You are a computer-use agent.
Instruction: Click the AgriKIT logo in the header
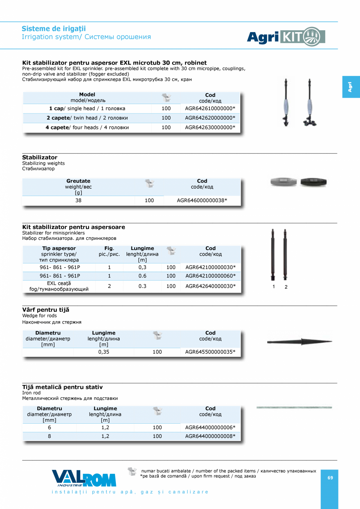(x=286, y=37)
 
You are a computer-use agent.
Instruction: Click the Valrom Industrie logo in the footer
(x=84, y=478)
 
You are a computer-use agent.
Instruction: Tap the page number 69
(x=330, y=478)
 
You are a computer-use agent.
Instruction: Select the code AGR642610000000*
(x=210, y=108)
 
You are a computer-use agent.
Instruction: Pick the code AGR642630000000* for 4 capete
(x=210, y=128)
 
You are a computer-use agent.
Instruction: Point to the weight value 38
(x=78, y=201)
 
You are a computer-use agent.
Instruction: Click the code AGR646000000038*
(x=202, y=201)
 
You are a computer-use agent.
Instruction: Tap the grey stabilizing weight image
(x=284, y=182)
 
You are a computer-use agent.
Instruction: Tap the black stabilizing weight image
(x=313, y=182)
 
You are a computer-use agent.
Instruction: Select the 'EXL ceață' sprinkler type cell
(x=59, y=286)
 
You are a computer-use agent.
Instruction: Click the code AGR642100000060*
(x=211, y=276)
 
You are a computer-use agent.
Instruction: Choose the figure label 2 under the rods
(x=286, y=287)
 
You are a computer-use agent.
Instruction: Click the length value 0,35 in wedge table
(x=104, y=352)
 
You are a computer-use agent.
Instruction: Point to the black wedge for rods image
(x=299, y=342)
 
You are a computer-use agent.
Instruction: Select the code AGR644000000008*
(x=210, y=436)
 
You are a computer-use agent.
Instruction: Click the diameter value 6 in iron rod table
(x=49, y=428)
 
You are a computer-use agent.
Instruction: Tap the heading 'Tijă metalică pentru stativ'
(x=62, y=387)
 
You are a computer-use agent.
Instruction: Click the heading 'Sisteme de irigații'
(x=54, y=29)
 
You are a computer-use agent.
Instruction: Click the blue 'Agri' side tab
(x=350, y=87)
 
